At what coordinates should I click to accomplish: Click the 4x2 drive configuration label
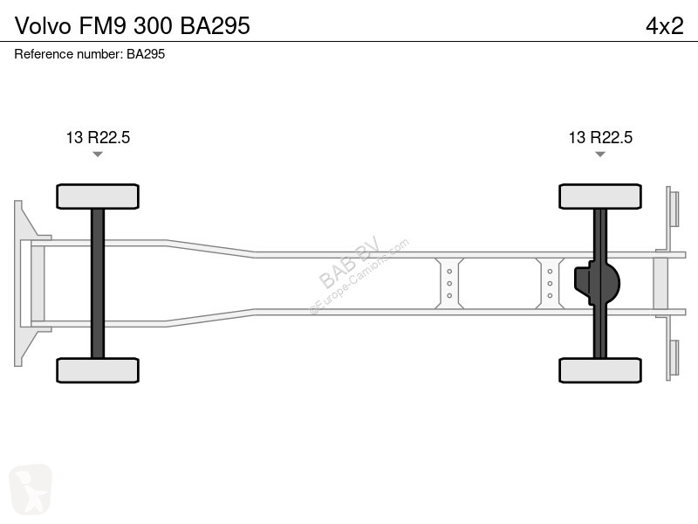(x=665, y=26)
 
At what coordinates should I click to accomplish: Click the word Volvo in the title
(x=43, y=26)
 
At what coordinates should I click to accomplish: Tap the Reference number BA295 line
(x=90, y=54)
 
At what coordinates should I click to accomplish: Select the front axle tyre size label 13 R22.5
(x=98, y=137)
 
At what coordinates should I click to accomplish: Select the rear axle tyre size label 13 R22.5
(x=600, y=137)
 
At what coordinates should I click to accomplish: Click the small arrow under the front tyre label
(x=98, y=155)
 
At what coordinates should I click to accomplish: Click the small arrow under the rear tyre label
(x=600, y=155)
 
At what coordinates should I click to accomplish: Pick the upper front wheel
(x=98, y=196)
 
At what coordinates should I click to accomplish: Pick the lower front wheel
(x=98, y=370)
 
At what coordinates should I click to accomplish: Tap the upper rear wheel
(x=600, y=196)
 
